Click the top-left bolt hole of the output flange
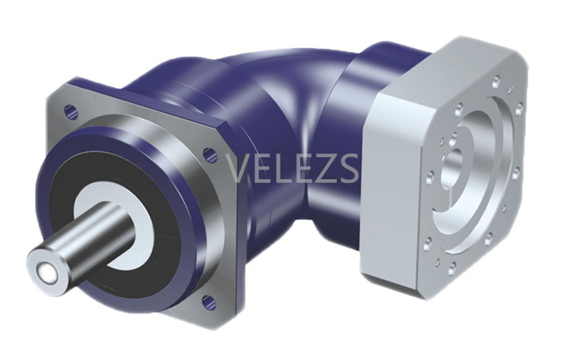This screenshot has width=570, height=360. click(71, 112)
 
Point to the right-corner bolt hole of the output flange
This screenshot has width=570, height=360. click(210, 155)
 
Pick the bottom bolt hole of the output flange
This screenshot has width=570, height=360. click(209, 302)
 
